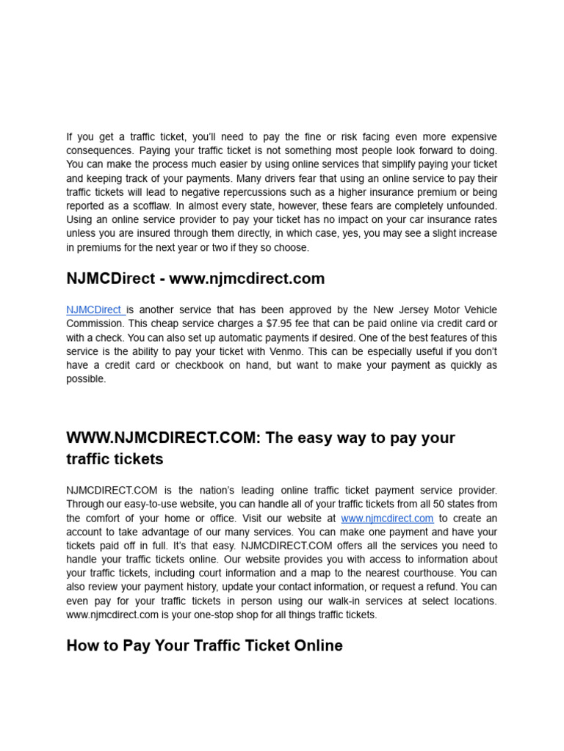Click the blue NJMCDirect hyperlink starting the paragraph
coord(94,309)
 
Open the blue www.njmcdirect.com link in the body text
coord(387,518)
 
